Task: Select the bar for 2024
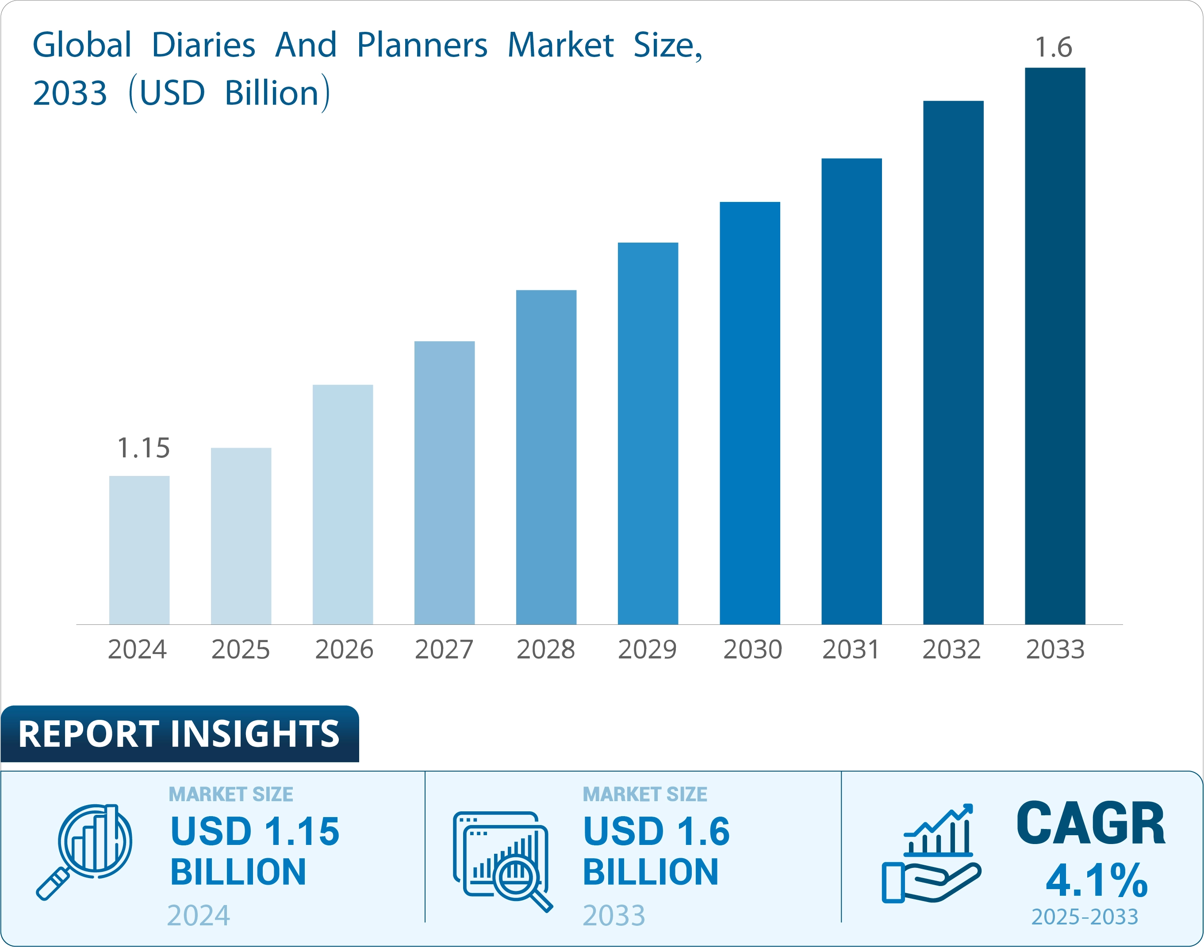point(139,550)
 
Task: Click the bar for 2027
point(445,483)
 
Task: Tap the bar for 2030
point(750,413)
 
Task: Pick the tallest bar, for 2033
point(1055,346)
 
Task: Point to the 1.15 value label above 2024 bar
point(144,448)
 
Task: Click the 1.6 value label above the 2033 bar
point(1054,47)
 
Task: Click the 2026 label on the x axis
point(344,649)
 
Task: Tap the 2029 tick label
point(648,649)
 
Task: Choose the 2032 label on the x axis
point(951,649)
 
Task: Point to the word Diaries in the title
point(203,45)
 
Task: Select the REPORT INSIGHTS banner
point(180,734)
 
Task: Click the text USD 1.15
point(255,832)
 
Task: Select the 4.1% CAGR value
point(1097,880)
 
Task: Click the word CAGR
point(1091,824)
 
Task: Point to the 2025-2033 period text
point(1085,917)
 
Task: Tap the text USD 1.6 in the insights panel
point(656,832)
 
